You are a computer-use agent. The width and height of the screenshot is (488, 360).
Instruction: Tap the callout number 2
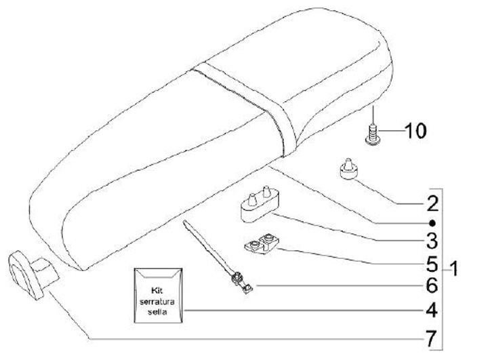point(432,203)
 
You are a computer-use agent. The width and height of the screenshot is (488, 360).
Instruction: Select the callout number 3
point(432,241)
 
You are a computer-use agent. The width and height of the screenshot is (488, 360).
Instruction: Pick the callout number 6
point(432,287)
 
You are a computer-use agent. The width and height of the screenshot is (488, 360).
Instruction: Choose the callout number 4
point(432,311)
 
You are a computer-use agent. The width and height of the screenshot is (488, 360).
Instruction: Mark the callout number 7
point(432,337)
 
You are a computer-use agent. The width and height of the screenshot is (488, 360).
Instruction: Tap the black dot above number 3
point(432,222)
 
